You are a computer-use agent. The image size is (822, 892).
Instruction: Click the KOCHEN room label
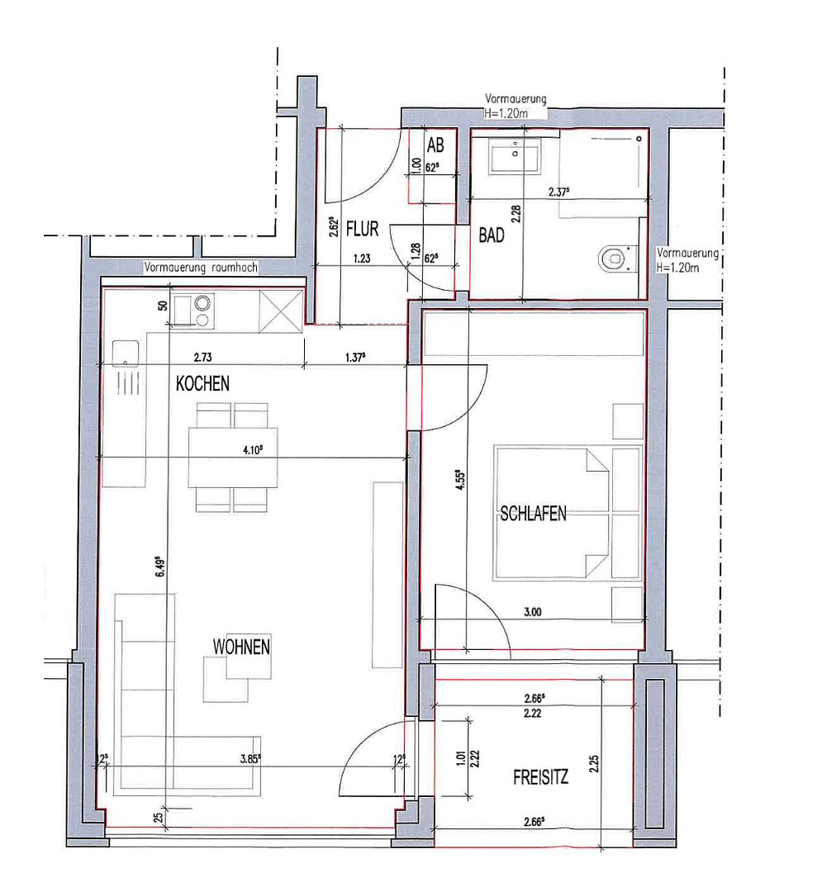coord(202,384)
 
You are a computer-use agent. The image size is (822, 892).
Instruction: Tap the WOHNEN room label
coord(241,647)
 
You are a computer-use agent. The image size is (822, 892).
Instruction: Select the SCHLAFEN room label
coord(533,513)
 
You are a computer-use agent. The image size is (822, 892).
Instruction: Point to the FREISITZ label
coord(540,777)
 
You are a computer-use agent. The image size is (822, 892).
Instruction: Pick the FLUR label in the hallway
coord(362,229)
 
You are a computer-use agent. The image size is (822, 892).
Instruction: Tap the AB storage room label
coord(435,146)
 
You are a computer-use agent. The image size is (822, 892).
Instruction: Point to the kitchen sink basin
coord(125,353)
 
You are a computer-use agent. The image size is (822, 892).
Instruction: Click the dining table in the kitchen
coord(232,457)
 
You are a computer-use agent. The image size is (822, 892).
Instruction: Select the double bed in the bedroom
coord(568,513)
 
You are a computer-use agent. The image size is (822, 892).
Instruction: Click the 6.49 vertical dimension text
coord(162,570)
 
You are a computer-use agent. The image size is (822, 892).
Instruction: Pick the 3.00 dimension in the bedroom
coord(532,612)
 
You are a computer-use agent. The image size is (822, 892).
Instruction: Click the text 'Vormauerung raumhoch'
coord(202,268)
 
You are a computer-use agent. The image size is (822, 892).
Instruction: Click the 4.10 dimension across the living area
coord(253,451)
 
